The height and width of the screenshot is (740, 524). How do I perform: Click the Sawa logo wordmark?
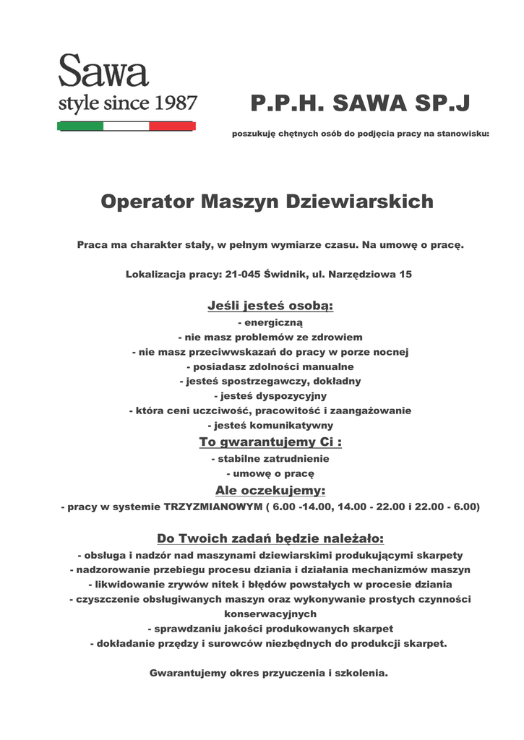[103, 72]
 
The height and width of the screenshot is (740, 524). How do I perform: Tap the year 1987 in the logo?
[174, 103]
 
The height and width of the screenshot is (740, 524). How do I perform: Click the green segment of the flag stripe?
[80, 126]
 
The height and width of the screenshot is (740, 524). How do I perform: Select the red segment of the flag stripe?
[172, 126]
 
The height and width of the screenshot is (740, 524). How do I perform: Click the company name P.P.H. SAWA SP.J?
[360, 105]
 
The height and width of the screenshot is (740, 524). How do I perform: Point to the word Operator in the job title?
[147, 201]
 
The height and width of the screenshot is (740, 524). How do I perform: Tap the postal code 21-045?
[243, 275]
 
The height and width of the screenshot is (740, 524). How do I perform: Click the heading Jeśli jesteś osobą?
[270, 306]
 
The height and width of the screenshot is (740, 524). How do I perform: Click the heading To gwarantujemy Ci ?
[270, 442]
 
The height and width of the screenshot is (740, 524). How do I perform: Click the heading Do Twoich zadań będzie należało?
[270, 539]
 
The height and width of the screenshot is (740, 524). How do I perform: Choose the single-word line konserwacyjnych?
[270, 614]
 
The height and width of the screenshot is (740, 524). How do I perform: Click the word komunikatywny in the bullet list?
[291, 425]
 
